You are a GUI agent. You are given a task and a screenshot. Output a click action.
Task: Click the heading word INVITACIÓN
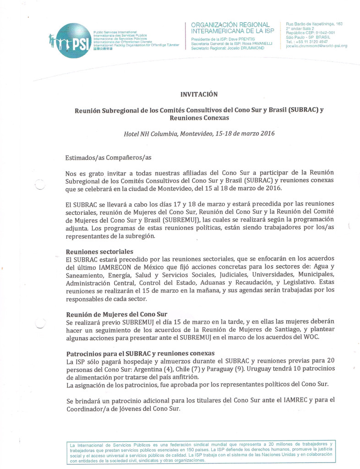point(200,94)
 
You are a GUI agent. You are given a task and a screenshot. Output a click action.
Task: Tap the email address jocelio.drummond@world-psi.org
point(316,46)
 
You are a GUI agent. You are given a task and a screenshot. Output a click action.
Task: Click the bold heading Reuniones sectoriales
point(100,251)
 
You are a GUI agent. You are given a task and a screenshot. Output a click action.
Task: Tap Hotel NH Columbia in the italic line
point(150,134)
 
